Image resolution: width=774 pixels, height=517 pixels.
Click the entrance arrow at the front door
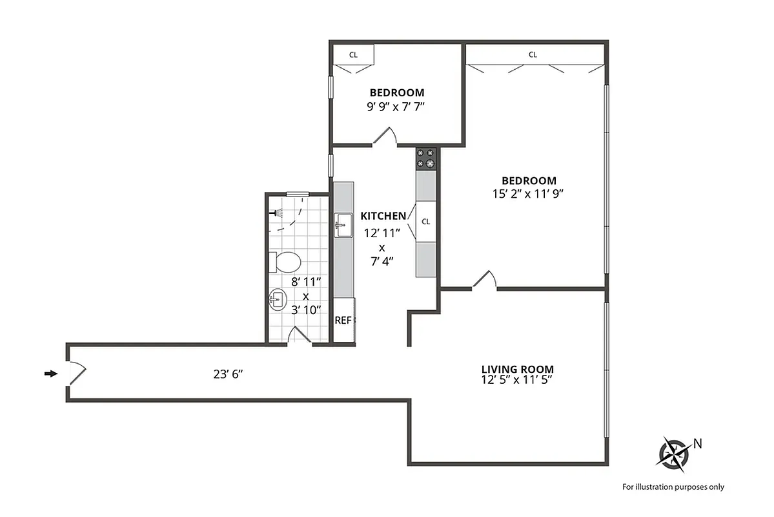point(50,374)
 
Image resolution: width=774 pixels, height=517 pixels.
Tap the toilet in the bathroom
point(286,262)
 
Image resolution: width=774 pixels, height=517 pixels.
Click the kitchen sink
point(343,225)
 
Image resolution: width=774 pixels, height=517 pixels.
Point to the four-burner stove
point(426,158)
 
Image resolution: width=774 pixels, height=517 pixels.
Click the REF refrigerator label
point(343,320)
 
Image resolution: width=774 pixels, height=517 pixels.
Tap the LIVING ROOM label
point(517,370)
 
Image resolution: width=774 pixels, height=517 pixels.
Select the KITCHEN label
point(383,216)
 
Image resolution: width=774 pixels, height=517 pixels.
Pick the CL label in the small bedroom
point(353,55)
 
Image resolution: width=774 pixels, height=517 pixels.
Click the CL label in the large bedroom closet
point(533,55)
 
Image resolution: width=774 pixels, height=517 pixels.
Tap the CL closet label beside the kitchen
point(426,222)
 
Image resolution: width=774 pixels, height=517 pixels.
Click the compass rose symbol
point(673,452)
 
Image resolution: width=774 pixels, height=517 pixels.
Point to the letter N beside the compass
point(697,443)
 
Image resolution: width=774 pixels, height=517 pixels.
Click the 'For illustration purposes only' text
point(673,487)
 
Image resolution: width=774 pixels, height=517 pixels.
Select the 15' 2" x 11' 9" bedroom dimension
point(529,193)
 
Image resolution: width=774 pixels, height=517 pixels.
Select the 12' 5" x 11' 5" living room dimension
point(517,380)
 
